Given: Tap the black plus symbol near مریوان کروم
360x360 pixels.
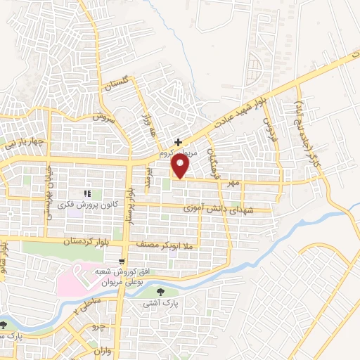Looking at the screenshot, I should point(178,141).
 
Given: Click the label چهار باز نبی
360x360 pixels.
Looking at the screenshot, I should point(26,143).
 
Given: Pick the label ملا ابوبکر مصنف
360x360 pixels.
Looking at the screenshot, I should point(171,245).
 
